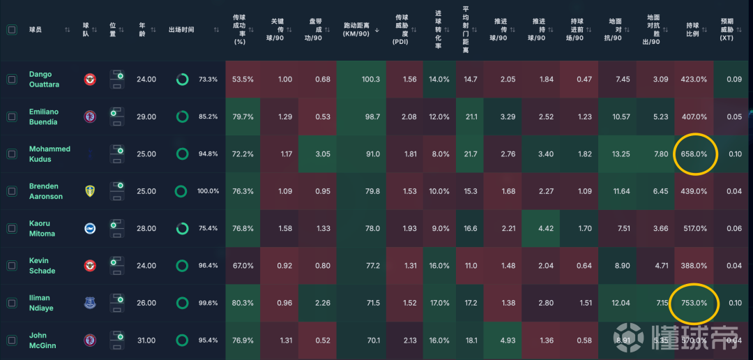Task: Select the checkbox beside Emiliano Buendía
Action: (x=12, y=117)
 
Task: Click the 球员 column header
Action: (x=36, y=30)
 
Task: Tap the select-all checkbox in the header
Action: (x=12, y=30)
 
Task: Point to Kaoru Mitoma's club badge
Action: (x=90, y=228)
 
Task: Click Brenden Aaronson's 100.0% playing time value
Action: (x=208, y=191)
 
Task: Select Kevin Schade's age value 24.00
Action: (x=146, y=266)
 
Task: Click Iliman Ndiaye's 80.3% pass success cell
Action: (x=243, y=303)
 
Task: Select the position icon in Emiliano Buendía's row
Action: (x=118, y=117)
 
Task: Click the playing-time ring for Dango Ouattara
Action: (x=183, y=80)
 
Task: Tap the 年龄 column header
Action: (x=142, y=30)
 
